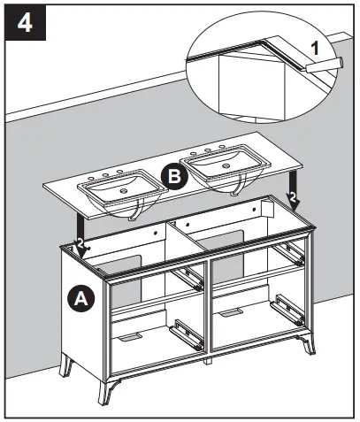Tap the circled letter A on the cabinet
[x=80, y=299]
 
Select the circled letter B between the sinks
[x=175, y=177]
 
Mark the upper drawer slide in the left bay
[x=188, y=277]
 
